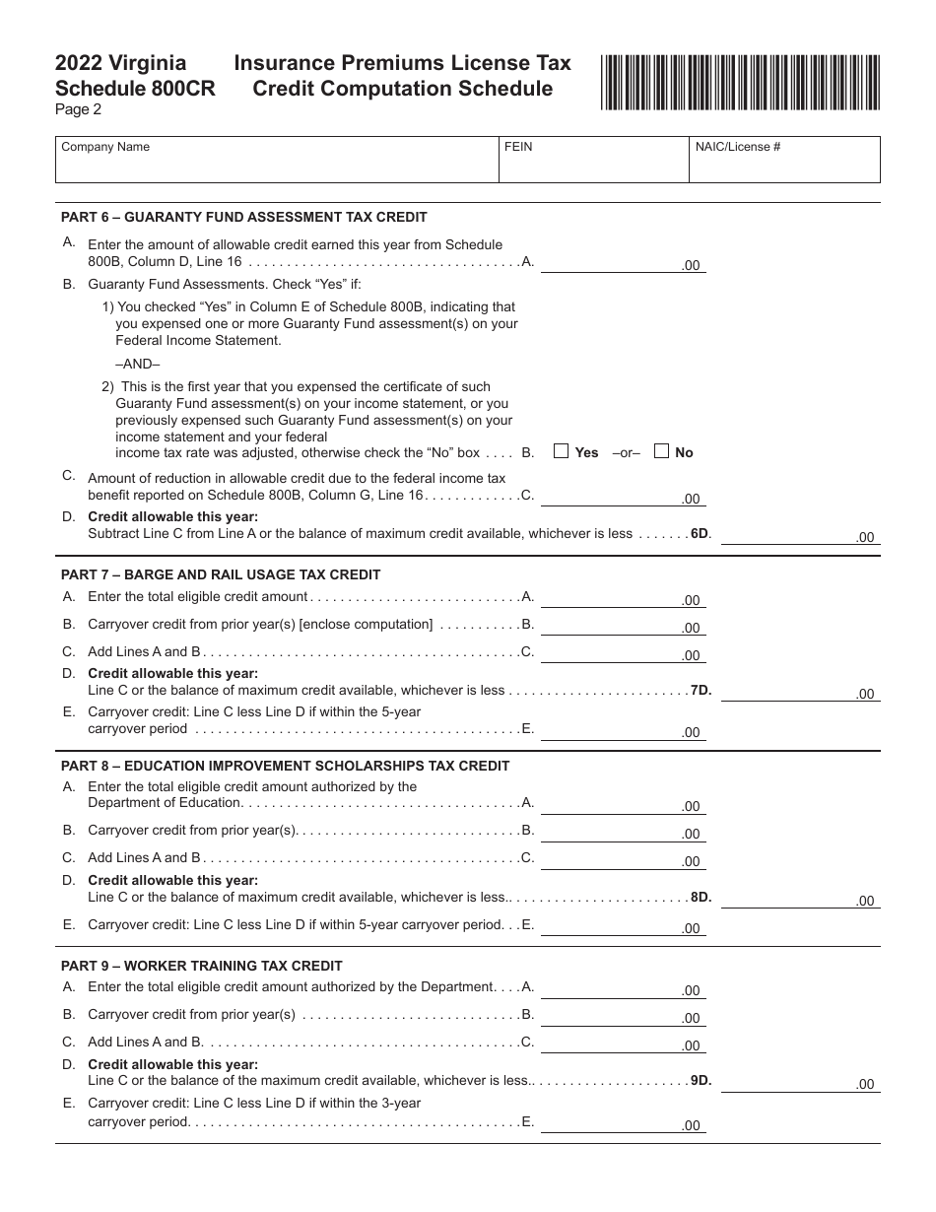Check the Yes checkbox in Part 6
point(562,452)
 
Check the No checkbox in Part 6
point(662,452)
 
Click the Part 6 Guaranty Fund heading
point(244,217)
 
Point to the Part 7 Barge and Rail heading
point(221,574)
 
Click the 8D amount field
point(799,899)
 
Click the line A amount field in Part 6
point(622,263)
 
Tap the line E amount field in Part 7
point(622,730)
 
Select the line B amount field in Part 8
point(622,832)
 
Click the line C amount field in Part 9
point(622,1044)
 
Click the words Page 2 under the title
point(78,109)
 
